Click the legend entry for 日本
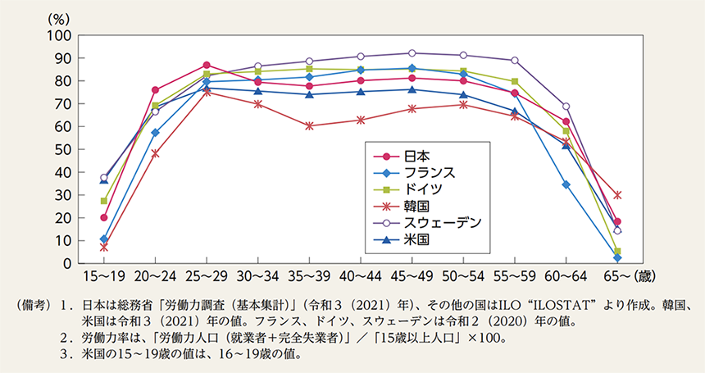pos(402,156)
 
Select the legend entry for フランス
pos(414,173)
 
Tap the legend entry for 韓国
pos(402,207)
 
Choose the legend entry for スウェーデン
pos(427,223)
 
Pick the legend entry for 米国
pos(402,240)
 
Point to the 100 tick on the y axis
pos(59,35)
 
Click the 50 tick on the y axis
pos(63,149)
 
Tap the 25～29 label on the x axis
pos(207,276)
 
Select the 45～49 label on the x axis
pos(412,276)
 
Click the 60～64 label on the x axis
pos(566,276)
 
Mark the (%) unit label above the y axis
pos(59,19)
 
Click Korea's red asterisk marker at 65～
pos(617,195)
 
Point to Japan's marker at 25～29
pos(207,65)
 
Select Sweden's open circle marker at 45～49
pos(412,53)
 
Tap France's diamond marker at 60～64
pos(566,184)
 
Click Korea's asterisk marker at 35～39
pos(309,125)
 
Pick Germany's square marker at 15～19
pos(104,201)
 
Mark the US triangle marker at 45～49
pos(412,89)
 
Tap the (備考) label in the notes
pos(31,306)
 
